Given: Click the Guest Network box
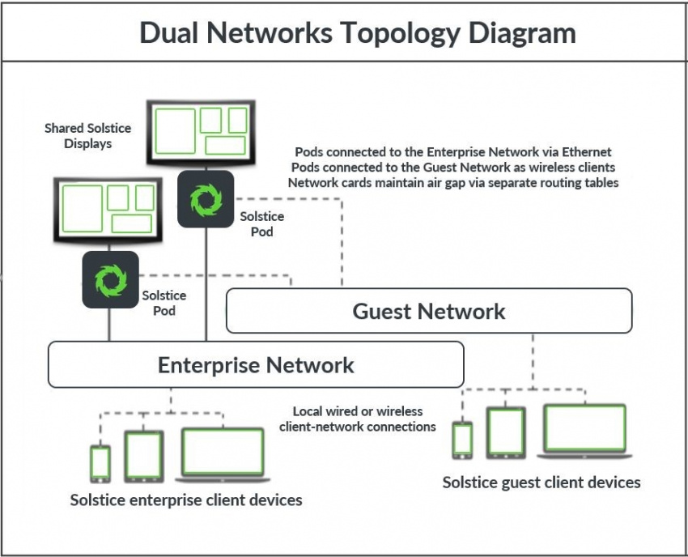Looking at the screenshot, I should [429, 311].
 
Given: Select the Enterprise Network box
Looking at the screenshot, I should [256, 364].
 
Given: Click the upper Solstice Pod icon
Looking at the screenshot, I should [206, 199].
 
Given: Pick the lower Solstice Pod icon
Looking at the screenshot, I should [109, 279].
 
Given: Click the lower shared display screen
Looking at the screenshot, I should [108, 209].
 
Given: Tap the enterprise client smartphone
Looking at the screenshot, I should [100, 463].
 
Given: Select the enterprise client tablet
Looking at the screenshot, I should [143, 456].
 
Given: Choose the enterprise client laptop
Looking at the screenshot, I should [223, 453].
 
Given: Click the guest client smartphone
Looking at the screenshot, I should [462, 440].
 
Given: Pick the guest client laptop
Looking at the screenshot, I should [584, 430].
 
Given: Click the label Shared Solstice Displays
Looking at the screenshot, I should [87, 136].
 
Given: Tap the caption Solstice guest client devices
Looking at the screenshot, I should [541, 483].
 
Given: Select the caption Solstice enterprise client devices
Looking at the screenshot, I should [186, 500].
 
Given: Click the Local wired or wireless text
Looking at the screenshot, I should [357, 411].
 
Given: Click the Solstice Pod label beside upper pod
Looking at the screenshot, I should [261, 224].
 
